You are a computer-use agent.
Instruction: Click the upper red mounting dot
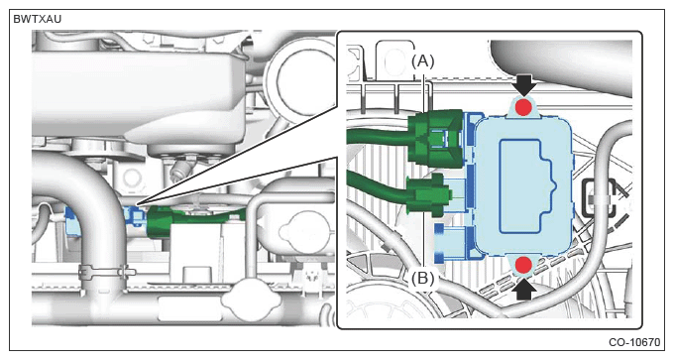522,107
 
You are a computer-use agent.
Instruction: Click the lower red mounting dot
523,265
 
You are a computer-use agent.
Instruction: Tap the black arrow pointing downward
523,85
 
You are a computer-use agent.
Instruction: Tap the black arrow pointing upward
524,288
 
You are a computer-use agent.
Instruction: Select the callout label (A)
423,61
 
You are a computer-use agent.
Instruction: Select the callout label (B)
422,279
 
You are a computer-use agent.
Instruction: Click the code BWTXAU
38,20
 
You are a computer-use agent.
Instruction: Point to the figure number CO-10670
634,342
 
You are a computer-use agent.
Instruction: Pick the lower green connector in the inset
428,195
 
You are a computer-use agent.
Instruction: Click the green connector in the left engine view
160,222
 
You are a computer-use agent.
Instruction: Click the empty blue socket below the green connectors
453,242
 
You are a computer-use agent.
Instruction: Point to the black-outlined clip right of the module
600,198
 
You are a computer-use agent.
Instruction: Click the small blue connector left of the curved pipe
72,221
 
